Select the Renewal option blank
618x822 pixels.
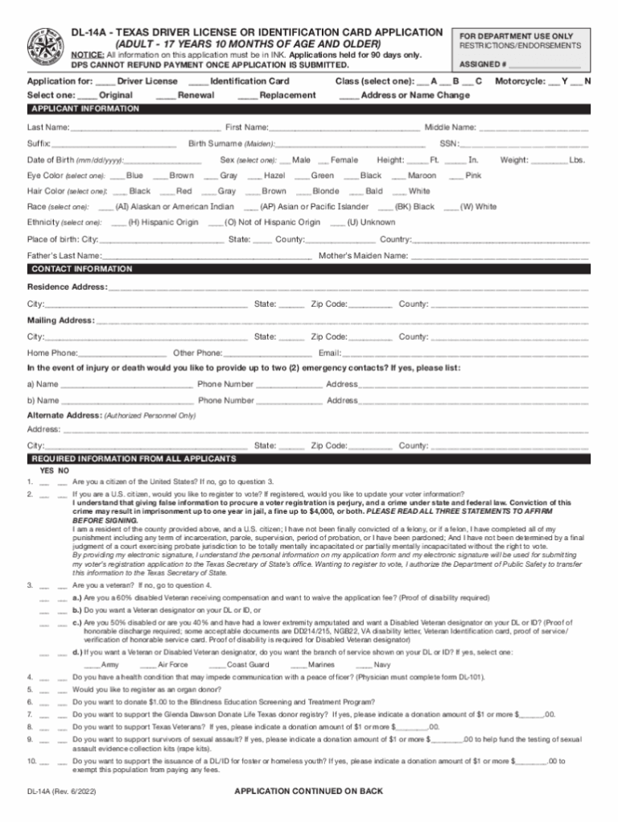coord(166,96)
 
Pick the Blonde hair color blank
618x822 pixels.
coord(303,192)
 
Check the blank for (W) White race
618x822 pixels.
coord(451,208)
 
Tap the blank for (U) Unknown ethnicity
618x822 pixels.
coord(337,223)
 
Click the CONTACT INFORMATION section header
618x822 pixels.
coord(80,269)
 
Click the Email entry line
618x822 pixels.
coord(465,353)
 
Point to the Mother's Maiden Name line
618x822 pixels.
coord(499,257)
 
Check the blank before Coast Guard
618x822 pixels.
coord(216,665)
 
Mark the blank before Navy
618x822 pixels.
coord(363,665)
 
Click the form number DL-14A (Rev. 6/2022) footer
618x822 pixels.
coord(60,792)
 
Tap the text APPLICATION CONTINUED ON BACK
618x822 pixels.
coord(308,792)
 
